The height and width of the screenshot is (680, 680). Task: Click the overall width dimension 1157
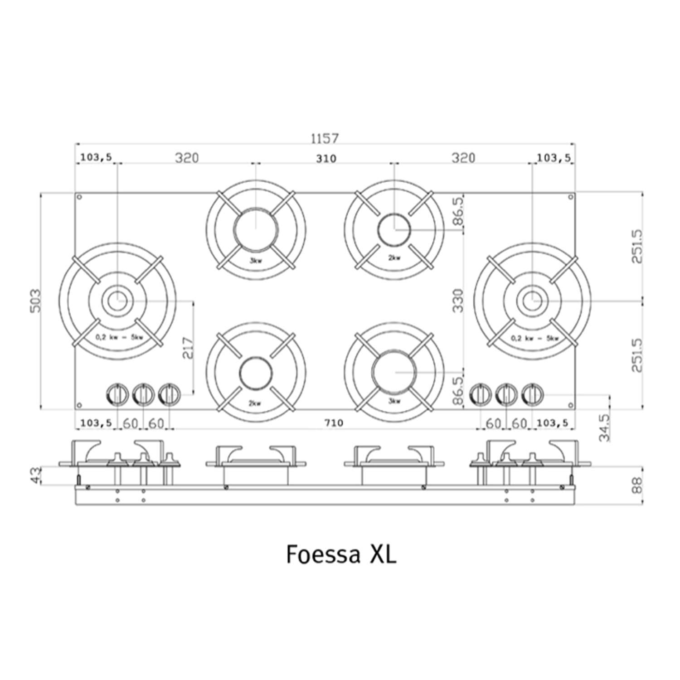click(x=325, y=138)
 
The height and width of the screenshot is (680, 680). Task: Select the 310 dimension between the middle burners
click(x=326, y=158)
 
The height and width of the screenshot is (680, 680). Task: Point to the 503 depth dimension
click(x=35, y=300)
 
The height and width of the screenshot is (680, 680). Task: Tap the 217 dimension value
click(x=188, y=347)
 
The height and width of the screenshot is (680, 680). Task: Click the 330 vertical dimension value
click(x=458, y=300)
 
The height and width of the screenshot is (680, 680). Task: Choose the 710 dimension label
click(x=333, y=423)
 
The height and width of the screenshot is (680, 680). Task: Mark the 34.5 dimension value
click(x=604, y=427)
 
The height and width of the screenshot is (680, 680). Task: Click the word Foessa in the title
click(x=323, y=554)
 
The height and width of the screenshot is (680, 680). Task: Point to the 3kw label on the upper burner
click(x=255, y=261)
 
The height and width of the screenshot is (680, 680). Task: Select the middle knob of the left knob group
click(x=143, y=395)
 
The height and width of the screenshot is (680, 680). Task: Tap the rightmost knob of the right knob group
click(x=532, y=395)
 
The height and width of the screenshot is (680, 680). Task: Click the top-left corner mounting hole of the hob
click(x=79, y=197)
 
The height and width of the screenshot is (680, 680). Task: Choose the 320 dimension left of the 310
click(x=187, y=158)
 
